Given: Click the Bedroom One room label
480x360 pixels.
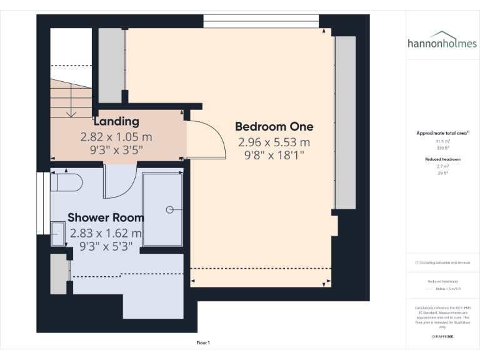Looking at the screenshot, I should (274, 127).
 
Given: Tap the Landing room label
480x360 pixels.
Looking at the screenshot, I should (116, 121).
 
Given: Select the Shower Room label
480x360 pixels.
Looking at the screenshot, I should (106, 217).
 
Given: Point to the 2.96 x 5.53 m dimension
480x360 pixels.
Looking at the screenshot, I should (274, 142).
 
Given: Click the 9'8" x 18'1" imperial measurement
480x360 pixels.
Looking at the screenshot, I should (274, 156).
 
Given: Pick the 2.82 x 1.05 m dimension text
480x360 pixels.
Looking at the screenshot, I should (116, 136).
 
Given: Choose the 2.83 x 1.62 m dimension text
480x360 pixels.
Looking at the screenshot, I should (106, 233).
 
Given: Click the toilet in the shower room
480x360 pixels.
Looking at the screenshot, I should (66, 182).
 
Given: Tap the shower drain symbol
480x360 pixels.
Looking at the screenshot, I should (171, 210).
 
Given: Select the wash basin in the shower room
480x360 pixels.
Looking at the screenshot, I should (58, 234).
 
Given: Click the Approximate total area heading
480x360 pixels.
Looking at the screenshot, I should (442, 133).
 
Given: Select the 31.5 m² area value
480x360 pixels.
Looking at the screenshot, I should (442, 141).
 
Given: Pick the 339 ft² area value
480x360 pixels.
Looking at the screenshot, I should (442, 149).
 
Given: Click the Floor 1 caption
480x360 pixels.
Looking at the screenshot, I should (203, 343).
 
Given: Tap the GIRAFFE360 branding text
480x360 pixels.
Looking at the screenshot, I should (442, 337).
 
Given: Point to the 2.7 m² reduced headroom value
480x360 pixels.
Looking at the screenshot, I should (442, 166).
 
